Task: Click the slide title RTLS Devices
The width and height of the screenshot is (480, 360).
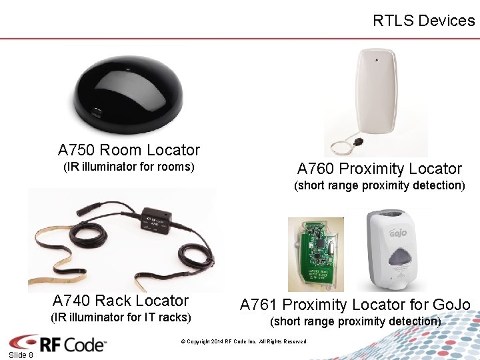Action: click(x=423, y=21)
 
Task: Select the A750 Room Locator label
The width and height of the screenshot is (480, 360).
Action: click(x=129, y=150)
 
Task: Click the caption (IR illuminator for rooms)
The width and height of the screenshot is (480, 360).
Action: click(x=129, y=167)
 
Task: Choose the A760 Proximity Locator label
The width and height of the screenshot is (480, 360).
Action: click(x=379, y=169)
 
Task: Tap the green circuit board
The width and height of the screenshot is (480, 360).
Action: click(x=315, y=254)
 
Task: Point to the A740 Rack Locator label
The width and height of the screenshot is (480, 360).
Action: click(x=121, y=301)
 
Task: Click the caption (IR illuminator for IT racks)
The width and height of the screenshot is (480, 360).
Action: click(x=121, y=317)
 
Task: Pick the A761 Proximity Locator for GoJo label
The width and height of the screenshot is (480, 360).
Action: click(x=355, y=305)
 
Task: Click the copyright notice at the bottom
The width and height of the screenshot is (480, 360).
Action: click(x=243, y=342)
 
